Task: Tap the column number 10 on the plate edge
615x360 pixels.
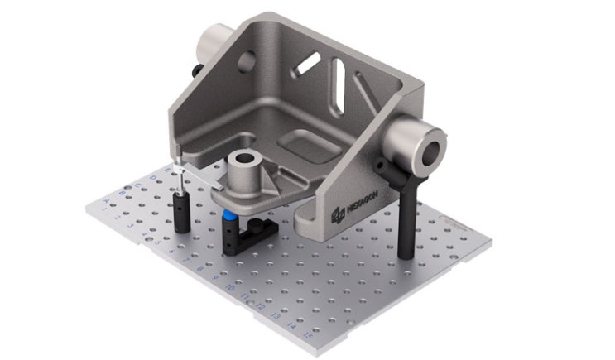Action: (229, 286)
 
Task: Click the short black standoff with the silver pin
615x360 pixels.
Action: (181, 212)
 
